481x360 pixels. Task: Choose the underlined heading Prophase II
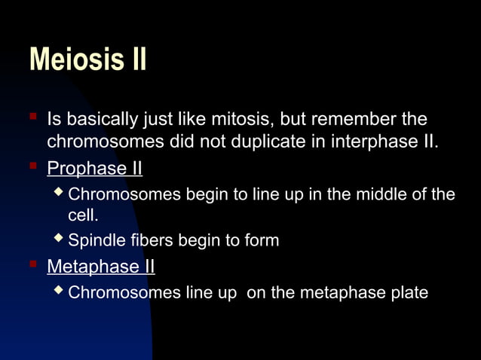coord(94,167)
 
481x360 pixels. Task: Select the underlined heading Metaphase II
coord(100,267)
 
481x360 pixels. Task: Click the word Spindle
coord(93,241)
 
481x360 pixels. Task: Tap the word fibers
coord(148,241)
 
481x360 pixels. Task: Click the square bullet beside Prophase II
coord(32,166)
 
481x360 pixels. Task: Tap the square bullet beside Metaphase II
coord(32,265)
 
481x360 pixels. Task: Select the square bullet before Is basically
coord(32,117)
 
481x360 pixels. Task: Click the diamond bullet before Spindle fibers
coord(60,239)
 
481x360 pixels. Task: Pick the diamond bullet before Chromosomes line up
coord(60,291)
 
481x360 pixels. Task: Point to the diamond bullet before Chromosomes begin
coord(60,193)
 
